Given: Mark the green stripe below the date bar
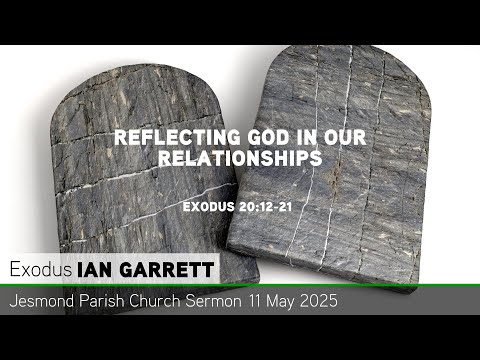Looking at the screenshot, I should [x=240, y=312].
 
